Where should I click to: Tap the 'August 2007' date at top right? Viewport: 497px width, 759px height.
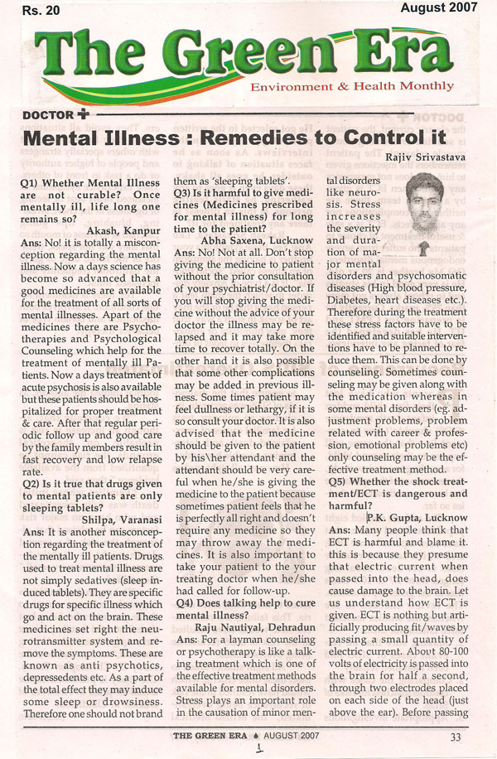tap(440, 10)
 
